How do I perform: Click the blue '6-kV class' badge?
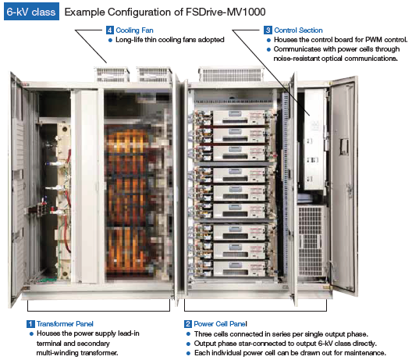click(x=31, y=12)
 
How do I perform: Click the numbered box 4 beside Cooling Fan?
click(x=110, y=30)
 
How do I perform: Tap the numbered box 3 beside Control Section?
click(x=268, y=30)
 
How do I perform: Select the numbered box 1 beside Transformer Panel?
click(x=30, y=324)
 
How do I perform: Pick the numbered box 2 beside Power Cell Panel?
click(x=188, y=324)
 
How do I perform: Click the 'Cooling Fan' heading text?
click(x=134, y=30)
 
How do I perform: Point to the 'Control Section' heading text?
click(x=298, y=30)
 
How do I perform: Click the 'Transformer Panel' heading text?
click(x=65, y=324)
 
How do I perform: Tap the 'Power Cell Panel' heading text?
click(x=221, y=324)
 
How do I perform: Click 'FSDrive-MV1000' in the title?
click(x=226, y=12)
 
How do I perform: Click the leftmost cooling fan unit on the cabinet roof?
click(x=112, y=74)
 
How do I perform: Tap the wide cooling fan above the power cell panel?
click(x=231, y=74)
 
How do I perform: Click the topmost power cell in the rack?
click(x=239, y=117)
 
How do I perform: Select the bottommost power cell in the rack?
click(x=239, y=268)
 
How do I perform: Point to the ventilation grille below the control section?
click(x=311, y=241)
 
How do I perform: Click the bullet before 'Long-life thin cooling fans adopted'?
click(x=110, y=41)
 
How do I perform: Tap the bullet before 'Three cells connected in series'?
click(x=188, y=334)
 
